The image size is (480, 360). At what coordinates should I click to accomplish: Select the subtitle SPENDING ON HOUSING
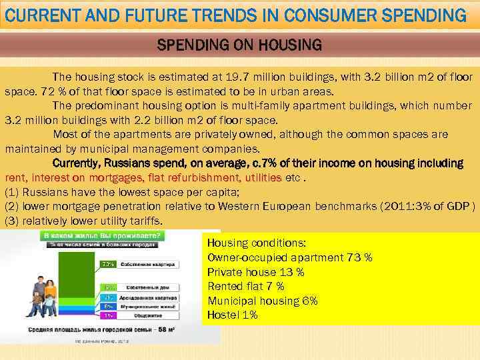coord(239,45)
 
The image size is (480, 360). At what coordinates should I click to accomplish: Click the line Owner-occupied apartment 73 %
coord(289,257)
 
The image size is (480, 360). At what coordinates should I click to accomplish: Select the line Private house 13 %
coord(255,272)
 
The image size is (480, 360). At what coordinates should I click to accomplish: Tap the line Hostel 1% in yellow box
coord(232,315)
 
